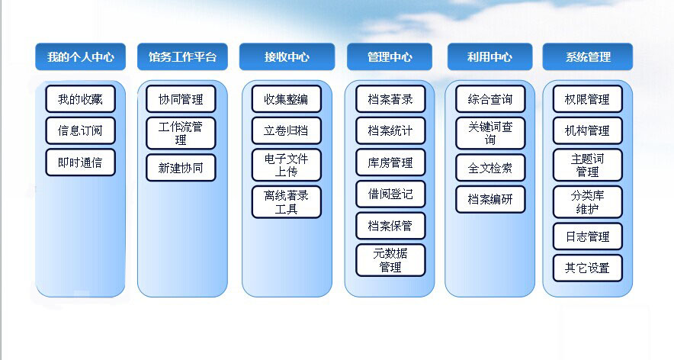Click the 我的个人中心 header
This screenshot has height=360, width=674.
(x=80, y=56)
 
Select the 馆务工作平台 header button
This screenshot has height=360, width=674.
(x=182, y=56)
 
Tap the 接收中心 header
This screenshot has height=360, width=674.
(x=287, y=56)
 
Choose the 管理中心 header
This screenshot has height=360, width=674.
(x=390, y=56)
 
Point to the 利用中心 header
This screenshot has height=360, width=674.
(x=489, y=56)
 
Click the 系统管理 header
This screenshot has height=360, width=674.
(x=588, y=56)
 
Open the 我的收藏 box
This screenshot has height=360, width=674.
(x=80, y=99)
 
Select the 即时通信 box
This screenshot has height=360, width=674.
(x=80, y=162)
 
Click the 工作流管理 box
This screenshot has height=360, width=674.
(x=181, y=133)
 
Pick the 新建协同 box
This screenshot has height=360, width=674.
(x=181, y=168)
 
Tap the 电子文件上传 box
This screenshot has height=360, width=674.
(x=286, y=166)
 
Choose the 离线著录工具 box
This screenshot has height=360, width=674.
(x=286, y=202)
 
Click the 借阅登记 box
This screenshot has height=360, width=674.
(x=390, y=194)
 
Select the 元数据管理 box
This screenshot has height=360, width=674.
(x=390, y=260)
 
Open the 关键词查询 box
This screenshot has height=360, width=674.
(x=490, y=133)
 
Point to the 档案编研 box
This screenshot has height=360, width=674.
(x=490, y=199)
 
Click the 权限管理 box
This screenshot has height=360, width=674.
(x=588, y=99)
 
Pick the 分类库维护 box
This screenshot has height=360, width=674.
(x=588, y=202)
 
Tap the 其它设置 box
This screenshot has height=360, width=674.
(x=588, y=268)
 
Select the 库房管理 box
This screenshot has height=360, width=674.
(x=390, y=162)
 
